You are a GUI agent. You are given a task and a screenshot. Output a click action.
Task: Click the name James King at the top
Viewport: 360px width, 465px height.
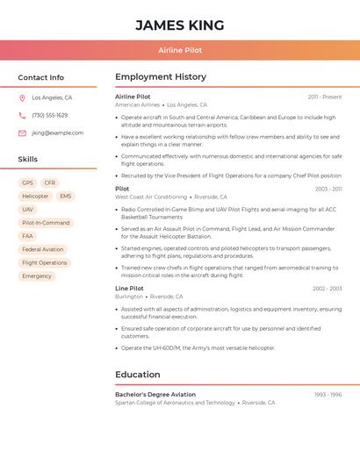pos(180,25)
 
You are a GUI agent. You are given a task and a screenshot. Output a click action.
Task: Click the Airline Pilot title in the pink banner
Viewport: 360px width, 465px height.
pos(180,50)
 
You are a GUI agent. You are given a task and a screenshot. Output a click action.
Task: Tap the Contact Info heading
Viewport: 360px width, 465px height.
pos(40,77)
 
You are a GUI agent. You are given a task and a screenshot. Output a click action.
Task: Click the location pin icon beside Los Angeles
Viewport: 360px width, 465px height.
pos(22,98)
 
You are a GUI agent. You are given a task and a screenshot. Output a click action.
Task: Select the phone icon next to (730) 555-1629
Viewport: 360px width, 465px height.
pos(22,116)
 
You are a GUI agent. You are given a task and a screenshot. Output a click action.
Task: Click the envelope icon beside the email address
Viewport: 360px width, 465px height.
pos(22,133)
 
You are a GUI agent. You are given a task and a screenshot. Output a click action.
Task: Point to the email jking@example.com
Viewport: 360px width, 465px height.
pos(57,133)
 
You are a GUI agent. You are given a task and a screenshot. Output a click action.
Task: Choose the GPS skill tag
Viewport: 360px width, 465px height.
pos(27,182)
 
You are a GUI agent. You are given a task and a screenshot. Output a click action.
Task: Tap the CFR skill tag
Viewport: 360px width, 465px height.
pos(50,182)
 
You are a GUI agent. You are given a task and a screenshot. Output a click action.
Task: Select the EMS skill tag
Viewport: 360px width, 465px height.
pos(66,196)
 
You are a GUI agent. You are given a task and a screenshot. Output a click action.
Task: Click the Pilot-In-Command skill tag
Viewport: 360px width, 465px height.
pos(46,223)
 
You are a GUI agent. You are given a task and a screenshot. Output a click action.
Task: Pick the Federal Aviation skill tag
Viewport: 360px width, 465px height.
pos(43,249)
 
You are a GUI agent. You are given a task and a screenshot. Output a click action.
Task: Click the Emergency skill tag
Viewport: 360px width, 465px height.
pos(37,276)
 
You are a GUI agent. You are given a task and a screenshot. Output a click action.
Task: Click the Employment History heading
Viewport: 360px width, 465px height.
pos(161,77)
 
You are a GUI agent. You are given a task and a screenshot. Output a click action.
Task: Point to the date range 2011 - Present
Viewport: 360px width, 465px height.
pos(325,97)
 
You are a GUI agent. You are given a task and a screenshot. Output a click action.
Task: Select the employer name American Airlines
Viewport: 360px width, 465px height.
pos(138,104)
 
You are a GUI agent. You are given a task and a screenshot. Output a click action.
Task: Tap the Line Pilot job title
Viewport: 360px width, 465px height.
pos(129,288)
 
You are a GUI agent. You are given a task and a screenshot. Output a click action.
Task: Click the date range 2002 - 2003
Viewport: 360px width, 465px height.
pos(327,289)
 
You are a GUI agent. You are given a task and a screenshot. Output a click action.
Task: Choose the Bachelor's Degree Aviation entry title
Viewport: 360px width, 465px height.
pos(155,395)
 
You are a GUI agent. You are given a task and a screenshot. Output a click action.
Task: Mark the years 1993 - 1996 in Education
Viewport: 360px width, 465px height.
pos(328,395)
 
